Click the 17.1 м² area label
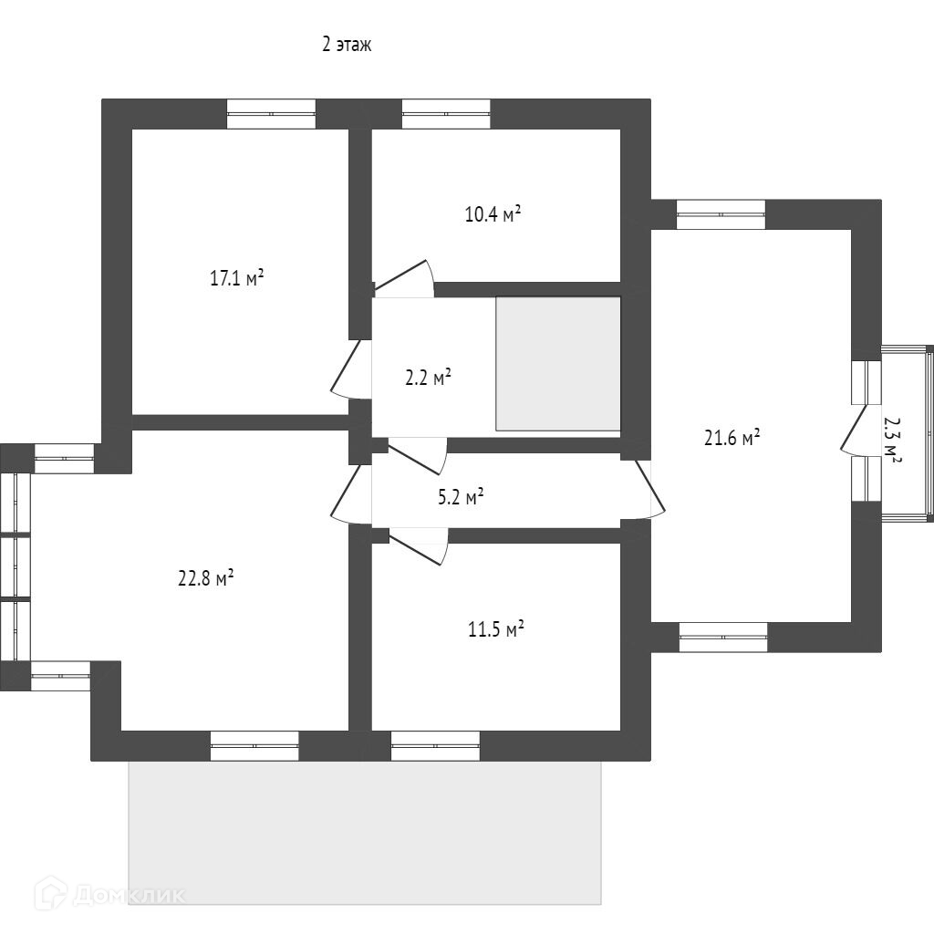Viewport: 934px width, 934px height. pos(236,278)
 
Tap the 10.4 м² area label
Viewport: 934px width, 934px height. pos(493,215)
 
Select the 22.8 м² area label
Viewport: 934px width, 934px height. pos(206,578)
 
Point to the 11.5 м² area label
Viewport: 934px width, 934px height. pos(495,629)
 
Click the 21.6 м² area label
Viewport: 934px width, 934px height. pos(732,438)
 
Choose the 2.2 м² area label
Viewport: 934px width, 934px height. pos(429,378)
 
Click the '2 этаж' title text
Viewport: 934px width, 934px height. pos(347,44)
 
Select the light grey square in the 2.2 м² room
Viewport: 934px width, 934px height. pos(558,364)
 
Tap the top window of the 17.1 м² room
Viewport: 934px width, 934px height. pos(271,114)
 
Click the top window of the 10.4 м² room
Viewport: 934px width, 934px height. pos(446,114)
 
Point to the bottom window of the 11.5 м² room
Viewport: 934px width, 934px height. pos(435,746)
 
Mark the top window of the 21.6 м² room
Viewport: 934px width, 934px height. pos(721,214)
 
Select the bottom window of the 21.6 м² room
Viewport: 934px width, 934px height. pos(723,638)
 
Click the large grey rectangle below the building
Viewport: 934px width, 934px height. pos(365,832)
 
